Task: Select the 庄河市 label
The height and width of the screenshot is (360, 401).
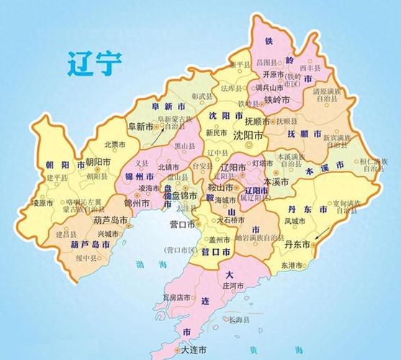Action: click(235, 286)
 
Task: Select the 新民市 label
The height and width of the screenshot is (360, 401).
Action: click(215, 133)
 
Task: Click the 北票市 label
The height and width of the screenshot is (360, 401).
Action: click(113, 144)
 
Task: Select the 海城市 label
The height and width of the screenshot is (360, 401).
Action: click(223, 200)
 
